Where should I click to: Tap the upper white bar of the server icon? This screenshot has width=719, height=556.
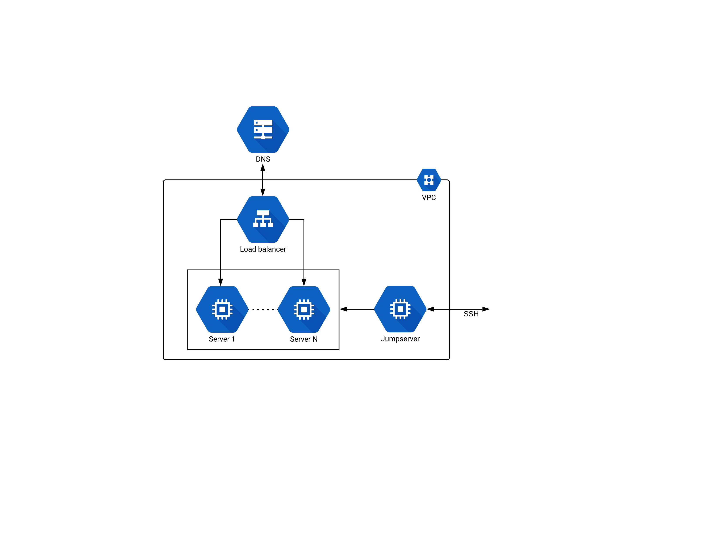pos(265,123)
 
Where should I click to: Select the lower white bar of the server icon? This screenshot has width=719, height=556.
pos(265,130)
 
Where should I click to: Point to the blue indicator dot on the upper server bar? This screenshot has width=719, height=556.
pos(256,123)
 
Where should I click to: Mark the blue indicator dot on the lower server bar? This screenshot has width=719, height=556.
pos(256,130)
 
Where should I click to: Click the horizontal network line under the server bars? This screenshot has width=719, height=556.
pos(263,137)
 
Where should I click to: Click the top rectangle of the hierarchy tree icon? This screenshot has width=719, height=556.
pos(263,213)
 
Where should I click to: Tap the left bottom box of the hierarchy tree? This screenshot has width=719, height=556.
pos(256,225)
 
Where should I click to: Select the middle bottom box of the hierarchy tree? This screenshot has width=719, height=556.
pos(263,225)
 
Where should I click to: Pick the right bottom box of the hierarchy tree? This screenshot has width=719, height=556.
pos(271,225)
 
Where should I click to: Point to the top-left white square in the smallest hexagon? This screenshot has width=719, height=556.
pos(426,177)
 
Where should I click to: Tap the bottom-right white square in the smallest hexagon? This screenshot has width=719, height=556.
pos(432,183)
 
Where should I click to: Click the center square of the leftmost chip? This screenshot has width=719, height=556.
pos(222,310)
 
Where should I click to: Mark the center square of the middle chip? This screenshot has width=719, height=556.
pos(304,310)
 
